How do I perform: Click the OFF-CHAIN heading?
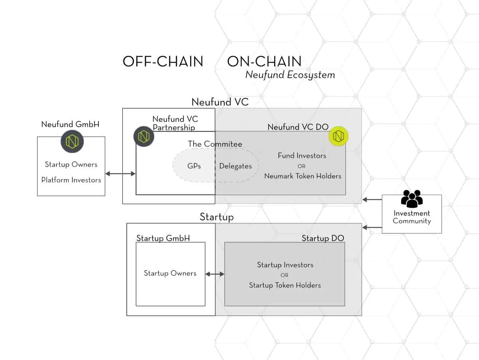tap(163, 61)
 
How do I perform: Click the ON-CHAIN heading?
tap(264, 61)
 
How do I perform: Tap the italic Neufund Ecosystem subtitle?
tap(290, 75)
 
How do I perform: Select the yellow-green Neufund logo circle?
tap(338, 136)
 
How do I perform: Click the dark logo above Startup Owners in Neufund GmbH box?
tap(72, 142)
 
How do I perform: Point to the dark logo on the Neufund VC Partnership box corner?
tap(143, 136)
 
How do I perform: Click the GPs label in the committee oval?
tap(194, 166)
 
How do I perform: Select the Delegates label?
tap(236, 166)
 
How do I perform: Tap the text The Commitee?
tap(215, 144)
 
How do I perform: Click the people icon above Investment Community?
tap(412, 199)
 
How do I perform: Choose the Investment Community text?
tap(412, 217)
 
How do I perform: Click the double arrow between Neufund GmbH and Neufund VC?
tap(120, 173)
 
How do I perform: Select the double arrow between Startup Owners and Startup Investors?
tap(215, 274)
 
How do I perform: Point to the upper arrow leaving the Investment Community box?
tap(372, 199)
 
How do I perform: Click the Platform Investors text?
tap(71, 180)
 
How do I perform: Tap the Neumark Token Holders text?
tap(302, 176)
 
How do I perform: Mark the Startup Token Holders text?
tap(285, 285)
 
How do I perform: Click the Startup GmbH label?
tap(163, 238)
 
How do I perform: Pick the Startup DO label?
tap(322, 238)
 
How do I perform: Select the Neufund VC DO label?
tap(298, 127)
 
